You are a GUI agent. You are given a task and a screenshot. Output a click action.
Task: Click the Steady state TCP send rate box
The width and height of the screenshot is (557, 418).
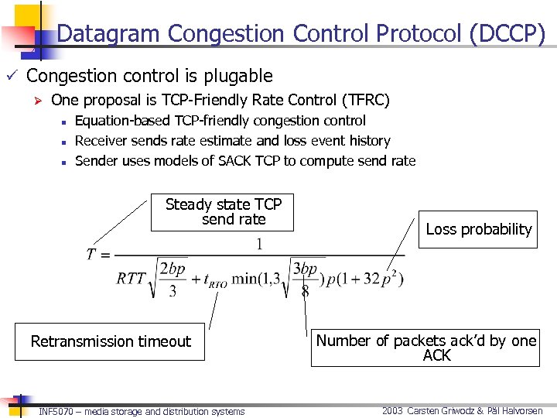point(224,212)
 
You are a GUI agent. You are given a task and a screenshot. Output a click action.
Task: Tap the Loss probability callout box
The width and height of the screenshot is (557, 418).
point(478,229)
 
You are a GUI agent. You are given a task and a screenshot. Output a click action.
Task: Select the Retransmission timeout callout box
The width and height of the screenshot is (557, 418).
point(110,341)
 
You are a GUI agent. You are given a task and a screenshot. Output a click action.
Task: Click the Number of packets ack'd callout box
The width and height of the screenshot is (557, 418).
point(425,348)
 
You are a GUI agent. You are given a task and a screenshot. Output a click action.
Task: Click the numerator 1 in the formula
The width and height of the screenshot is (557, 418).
point(259,245)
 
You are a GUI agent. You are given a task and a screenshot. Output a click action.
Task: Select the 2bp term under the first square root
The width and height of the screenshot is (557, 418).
point(173,269)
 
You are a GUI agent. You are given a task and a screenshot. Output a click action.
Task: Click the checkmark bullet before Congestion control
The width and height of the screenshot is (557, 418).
point(10,76)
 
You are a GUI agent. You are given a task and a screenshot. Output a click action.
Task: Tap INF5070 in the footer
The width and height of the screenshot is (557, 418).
point(55,412)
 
